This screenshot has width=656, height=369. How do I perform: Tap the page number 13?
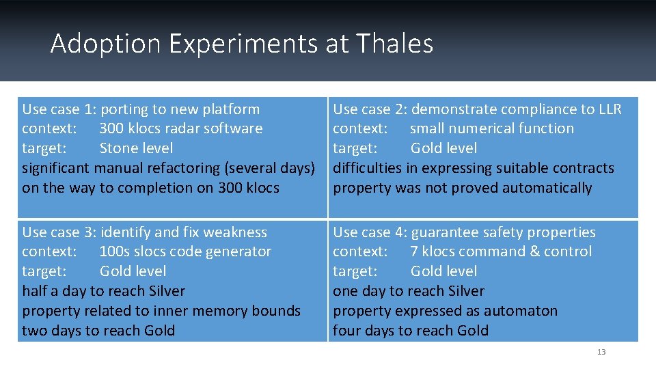coord(601,352)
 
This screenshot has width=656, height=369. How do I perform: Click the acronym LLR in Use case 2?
coord(607,109)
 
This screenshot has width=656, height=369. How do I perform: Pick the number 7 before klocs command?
coord(414,252)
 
